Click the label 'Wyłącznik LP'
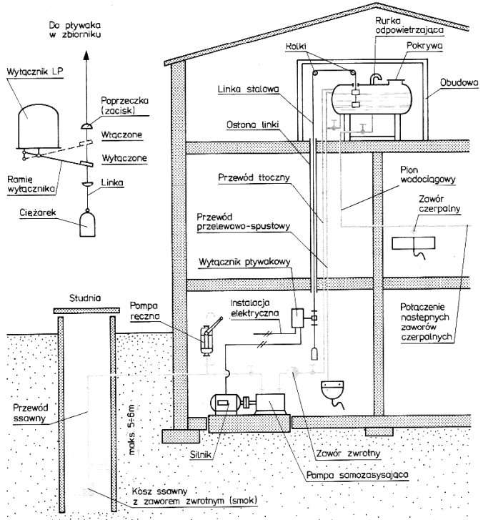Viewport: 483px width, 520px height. (x=34, y=72)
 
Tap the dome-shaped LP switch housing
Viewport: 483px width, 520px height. (x=39, y=126)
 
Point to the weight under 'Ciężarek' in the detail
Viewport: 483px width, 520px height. (x=87, y=223)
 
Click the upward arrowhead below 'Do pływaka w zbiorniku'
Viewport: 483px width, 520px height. (x=86, y=55)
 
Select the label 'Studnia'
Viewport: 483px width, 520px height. (x=85, y=298)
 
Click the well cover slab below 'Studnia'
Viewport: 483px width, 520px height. (x=86, y=310)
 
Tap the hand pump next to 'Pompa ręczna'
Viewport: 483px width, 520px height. (x=208, y=339)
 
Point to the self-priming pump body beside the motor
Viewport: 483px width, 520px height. (x=270, y=404)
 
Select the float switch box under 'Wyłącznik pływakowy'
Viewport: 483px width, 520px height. (x=297, y=318)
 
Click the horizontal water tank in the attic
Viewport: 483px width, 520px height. (x=372, y=99)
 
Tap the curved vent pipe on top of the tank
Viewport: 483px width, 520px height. (x=376, y=79)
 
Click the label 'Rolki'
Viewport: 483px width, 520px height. (x=297, y=46)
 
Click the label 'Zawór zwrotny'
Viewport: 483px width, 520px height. (x=348, y=453)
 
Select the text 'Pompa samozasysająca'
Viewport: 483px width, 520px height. (x=357, y=475)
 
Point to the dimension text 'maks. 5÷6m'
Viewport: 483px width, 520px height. (x=131, y=429)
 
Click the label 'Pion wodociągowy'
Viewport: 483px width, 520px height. (x=428, y=175)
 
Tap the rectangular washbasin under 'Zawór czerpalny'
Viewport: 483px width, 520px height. (x=414, y=243)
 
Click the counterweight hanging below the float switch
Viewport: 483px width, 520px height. (x=314, y=354)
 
